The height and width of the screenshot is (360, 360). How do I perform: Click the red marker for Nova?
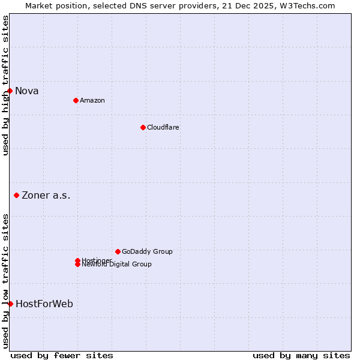[x=10, y=91]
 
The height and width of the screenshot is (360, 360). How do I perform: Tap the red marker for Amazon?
[x=76, y=100]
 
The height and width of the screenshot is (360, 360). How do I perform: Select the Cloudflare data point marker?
[x=143, y=127]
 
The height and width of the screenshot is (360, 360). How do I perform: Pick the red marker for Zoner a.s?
[x=17, y=195]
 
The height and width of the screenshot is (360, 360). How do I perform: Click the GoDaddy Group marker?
[x=118, y=251]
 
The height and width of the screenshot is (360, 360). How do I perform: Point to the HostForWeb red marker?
[x=10, y=304]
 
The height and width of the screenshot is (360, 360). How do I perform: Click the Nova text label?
[x=27, y=91]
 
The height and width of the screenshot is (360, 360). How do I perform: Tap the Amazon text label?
[x=92, y=100]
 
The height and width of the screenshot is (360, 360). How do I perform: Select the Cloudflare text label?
[x=163, y=127]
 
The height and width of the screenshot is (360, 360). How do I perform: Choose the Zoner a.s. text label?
[x=46, y=195]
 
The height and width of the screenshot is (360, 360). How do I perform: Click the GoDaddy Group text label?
[x=147, y=251]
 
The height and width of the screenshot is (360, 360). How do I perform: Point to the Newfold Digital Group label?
[x=116, y=265]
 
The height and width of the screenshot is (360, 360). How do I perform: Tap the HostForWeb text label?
[x=44, y=304]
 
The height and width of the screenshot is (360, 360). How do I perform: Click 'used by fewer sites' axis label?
[x=62, y=355]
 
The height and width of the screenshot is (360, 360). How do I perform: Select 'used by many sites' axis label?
[x=301, y=355]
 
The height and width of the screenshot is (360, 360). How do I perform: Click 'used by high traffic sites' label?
[x=5, y=85]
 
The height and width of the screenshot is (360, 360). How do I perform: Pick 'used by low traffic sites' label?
[x=5, y=281]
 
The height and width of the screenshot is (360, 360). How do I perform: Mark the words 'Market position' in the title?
[x=56, y=5]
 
